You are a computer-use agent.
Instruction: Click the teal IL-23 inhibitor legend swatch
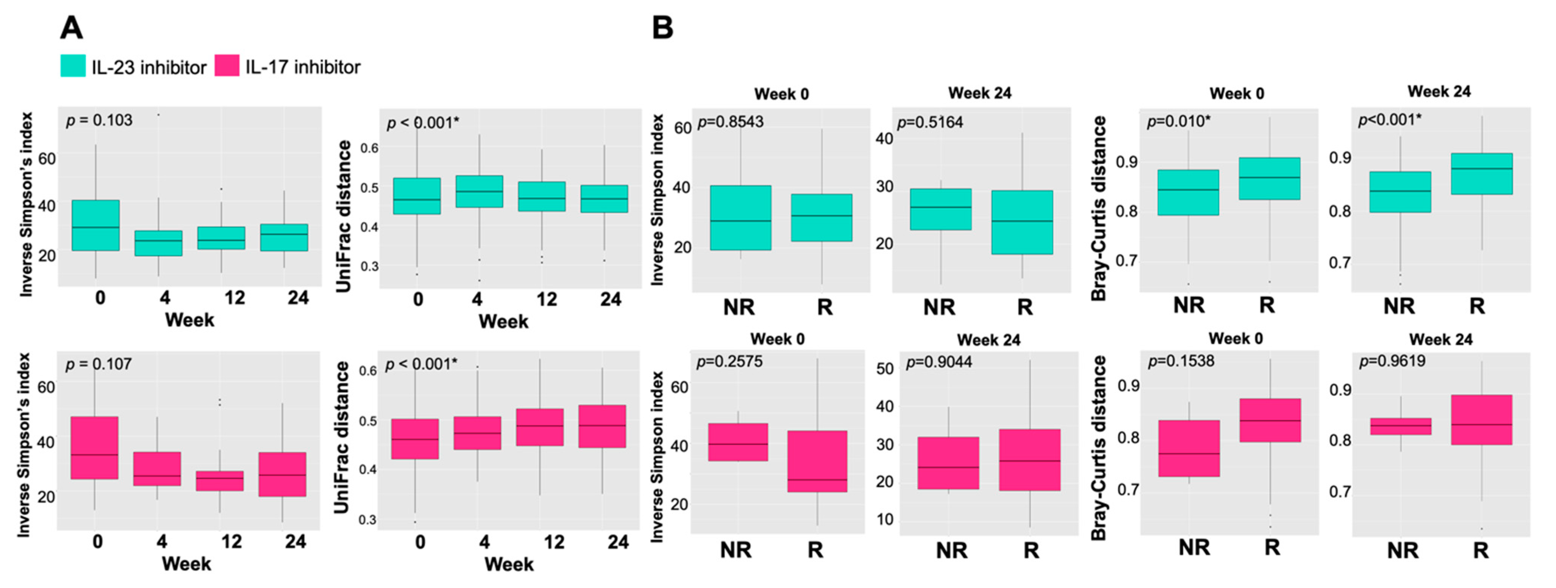pyautogui.click(x=73, y=66)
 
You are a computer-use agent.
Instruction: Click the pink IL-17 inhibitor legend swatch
pyautogui.click(x=227, y=66)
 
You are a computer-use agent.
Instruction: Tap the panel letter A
pyautogui.click(x=71, y=28)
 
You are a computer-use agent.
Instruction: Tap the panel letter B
pyautogui.click(x=663, y=28)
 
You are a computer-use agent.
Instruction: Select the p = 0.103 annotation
pyautogui.click(x=99, y=121)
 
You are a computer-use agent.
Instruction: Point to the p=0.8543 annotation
pyautogui.click(x=730, y=122)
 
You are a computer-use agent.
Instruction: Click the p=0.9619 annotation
pyautogui.click(x=1392, y=361)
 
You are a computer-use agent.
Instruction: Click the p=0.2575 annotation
pyautogui.click(x=729, y=362)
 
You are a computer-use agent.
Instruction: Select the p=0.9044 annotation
pyautogui.click(x=939, y=362)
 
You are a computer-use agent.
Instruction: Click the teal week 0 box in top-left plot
pyautogui.click(x=96, y=225)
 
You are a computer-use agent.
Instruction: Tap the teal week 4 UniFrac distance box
pyautogui.click(x=479, y=191)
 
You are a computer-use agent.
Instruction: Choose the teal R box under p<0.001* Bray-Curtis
pyautogui.click(x=1482, y=174)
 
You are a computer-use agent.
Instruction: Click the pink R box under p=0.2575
pyautogui.click(x=816, y=461)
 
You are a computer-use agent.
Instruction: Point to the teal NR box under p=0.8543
pyautogui.click(x=741, y=218)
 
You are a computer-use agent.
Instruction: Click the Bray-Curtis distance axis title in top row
pyautogui.click(x=1099, y=208)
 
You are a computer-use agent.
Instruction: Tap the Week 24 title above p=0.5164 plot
pyautogui.click(x=980, y=93)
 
